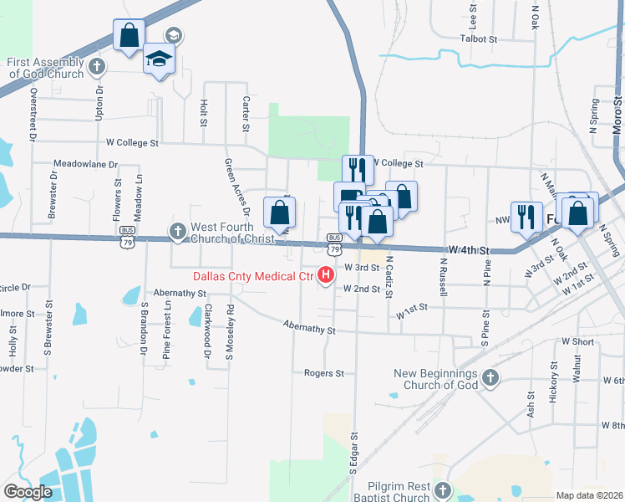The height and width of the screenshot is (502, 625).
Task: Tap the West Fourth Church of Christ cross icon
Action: coord(177,231)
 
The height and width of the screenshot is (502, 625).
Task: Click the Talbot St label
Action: coord(478,38)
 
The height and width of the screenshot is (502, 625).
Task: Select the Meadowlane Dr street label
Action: coord(85,164)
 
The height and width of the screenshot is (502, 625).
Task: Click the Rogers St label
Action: coord(324,373)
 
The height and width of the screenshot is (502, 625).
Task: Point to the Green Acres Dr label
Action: coord(231,186)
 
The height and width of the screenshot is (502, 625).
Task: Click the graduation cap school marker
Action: coord(158,59)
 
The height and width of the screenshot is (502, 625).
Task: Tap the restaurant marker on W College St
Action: coord(358,169)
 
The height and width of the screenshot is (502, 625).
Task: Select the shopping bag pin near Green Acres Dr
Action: coord(279,213)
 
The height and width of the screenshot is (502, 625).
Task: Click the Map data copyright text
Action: coord(590,495)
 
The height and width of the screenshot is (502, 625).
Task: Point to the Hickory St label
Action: coord(553,383)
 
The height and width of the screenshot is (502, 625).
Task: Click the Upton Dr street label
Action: coord(99,102)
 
